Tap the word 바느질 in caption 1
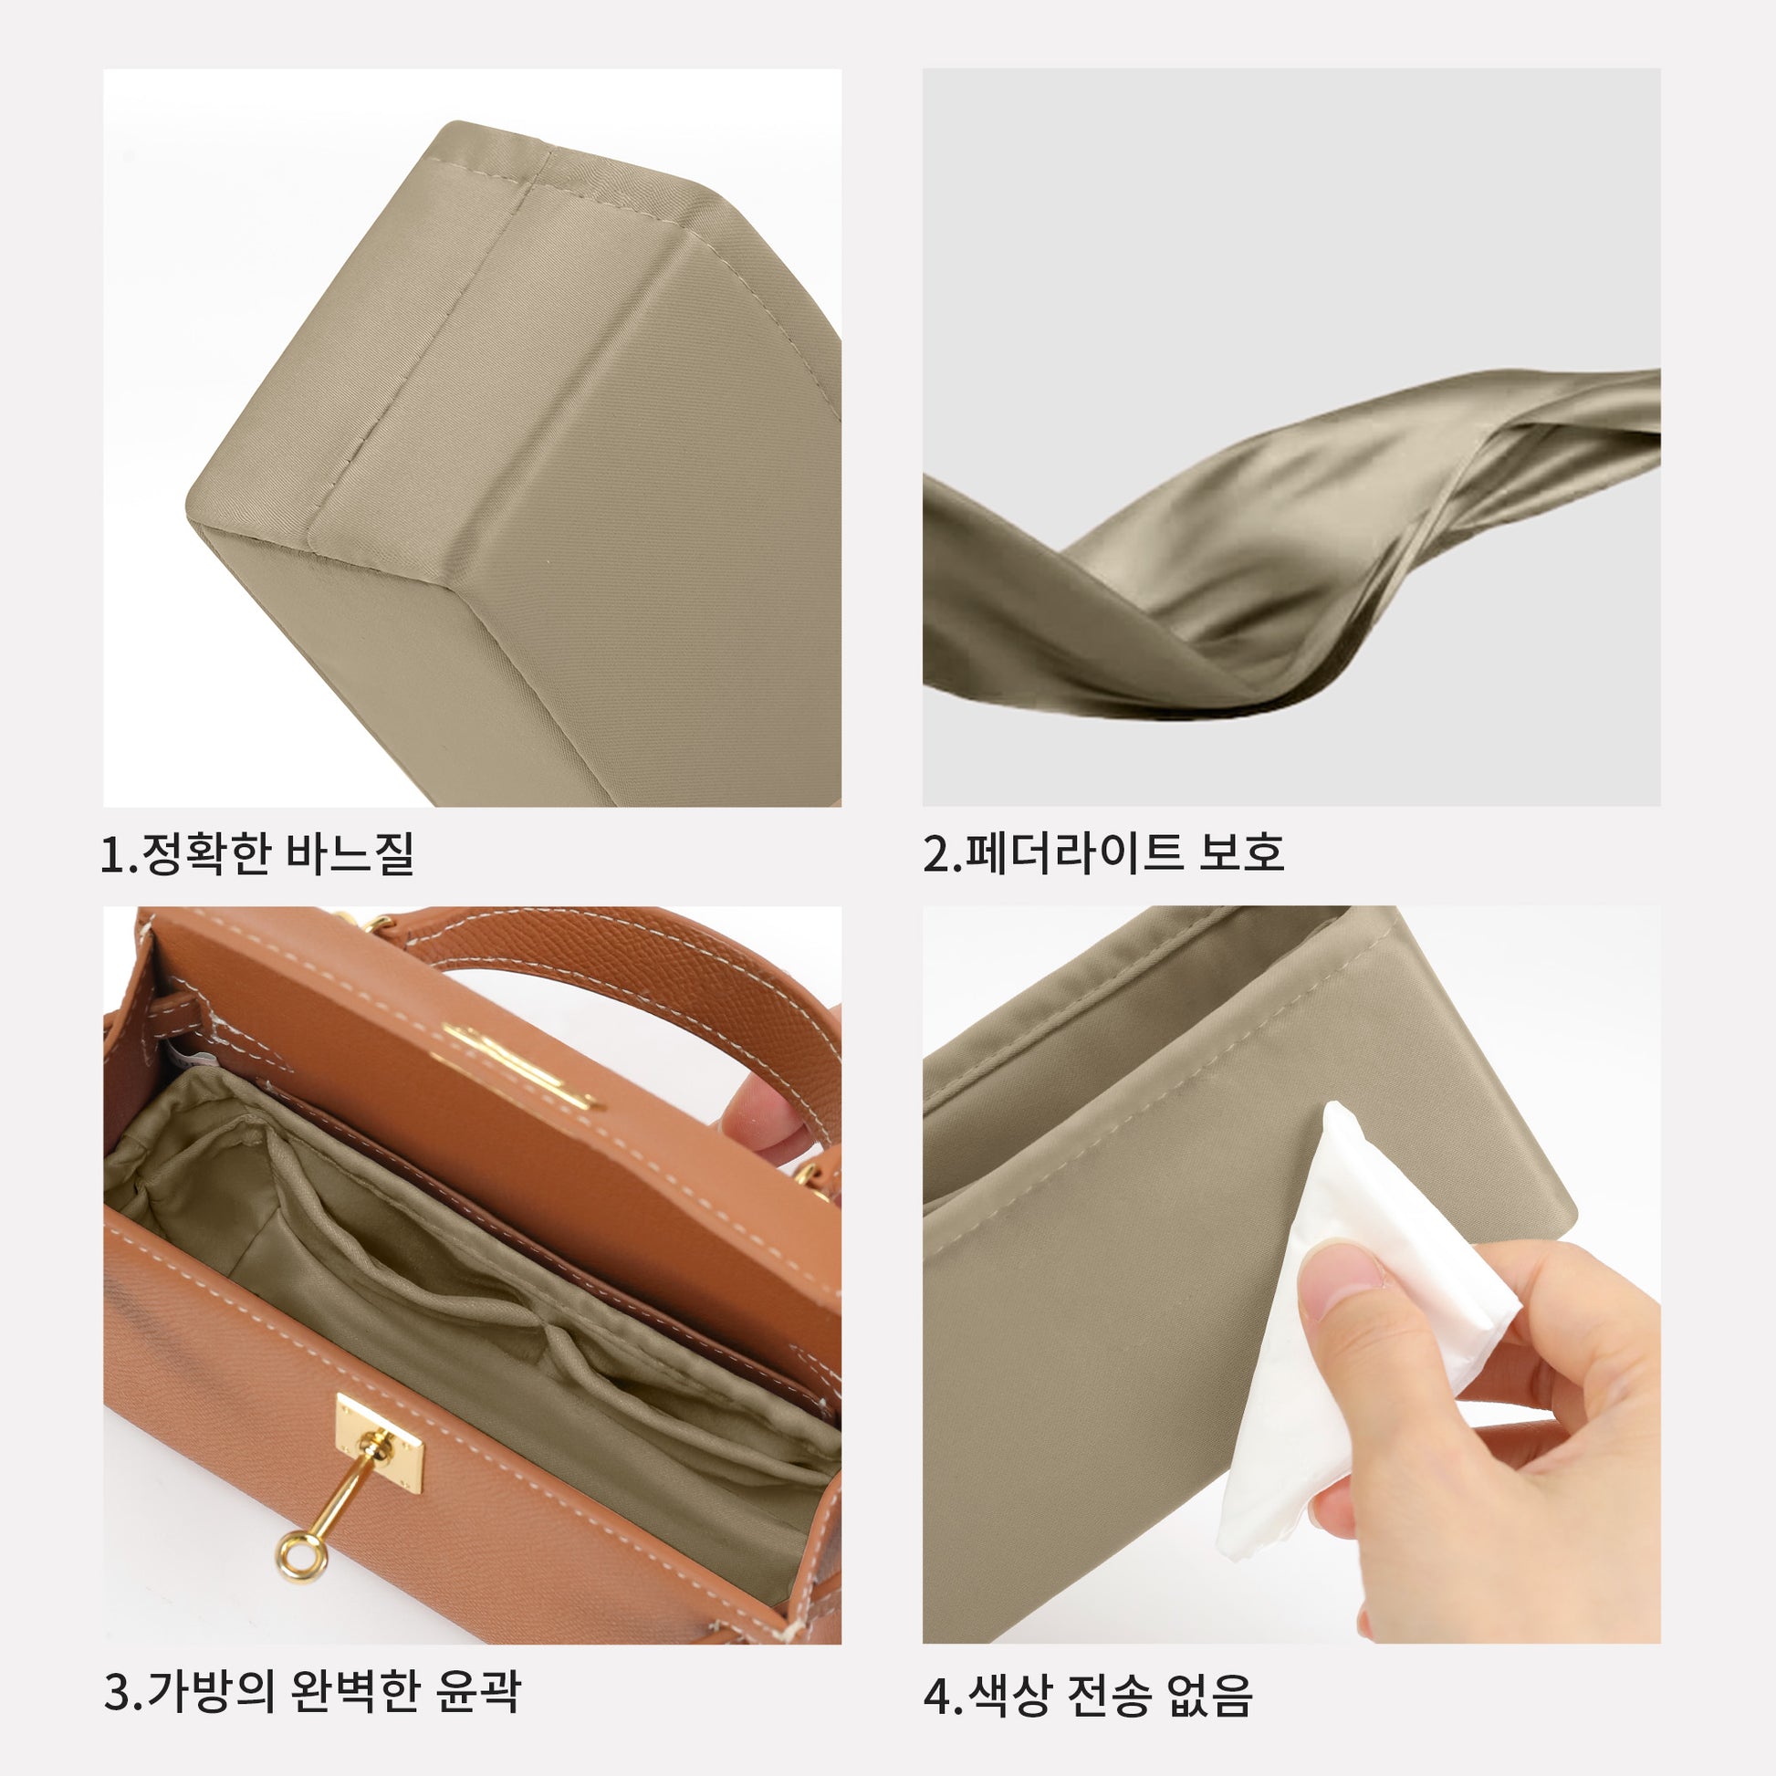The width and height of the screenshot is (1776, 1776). [350, 853]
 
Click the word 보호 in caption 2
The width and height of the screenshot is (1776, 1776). [1240, 853]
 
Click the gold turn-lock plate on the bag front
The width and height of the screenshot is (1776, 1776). [380, 1444]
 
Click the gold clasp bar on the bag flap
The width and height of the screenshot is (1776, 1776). [520, 1066]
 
